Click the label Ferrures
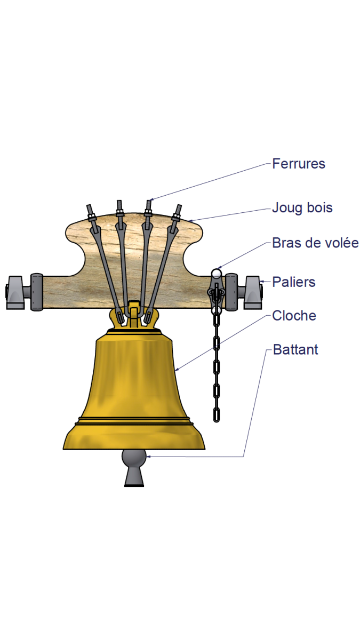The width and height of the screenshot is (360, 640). [x=298, y=163]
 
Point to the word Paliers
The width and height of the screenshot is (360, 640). [x=293, y=282]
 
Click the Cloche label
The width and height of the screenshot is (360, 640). [x=294, y=316]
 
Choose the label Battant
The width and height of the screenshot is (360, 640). [x=295, y=350]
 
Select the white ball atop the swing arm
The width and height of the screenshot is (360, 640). [x=216, y=274]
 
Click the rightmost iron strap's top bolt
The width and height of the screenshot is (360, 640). [x=178, y=210]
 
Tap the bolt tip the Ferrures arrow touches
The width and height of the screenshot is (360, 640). [x=148, y=203]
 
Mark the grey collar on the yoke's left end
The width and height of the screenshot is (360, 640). [x=36, y=292]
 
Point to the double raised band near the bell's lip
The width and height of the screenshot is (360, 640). [x=134, y=421]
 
